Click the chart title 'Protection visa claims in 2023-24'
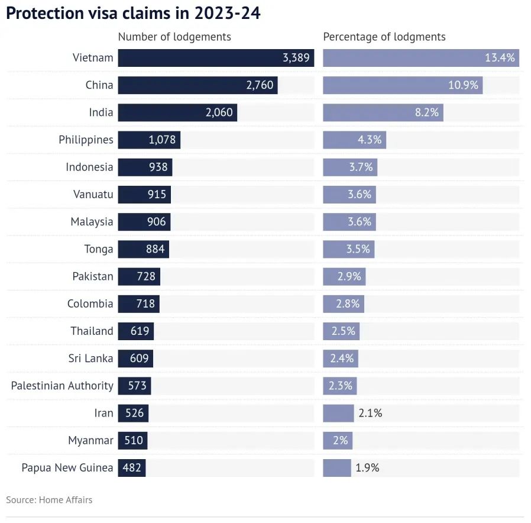(133, 14)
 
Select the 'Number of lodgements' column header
(174, 37)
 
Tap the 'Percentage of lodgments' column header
(384, 37)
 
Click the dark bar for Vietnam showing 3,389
(216, 58)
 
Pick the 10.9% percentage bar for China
(402, 85)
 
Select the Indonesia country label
(89, 167)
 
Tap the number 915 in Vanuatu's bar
(157, 195)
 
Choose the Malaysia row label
(92, 222)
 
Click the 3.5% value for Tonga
(358, 249)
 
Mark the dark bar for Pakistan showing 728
(139, 277)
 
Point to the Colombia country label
(90, 304)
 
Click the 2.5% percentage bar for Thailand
(341, 331)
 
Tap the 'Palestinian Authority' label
(62, 386)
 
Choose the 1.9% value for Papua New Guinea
(367, 468)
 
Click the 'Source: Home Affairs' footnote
(49, 500)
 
